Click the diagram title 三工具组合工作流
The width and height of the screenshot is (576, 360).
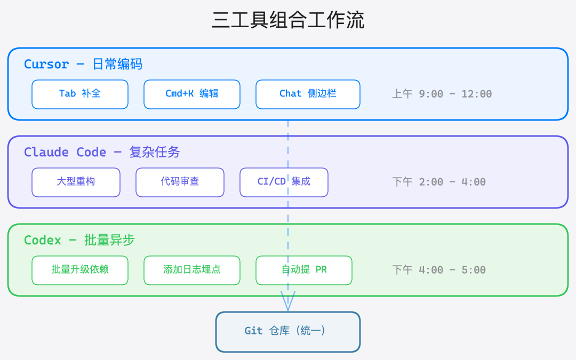click(288, 21)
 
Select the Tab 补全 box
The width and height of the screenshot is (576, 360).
click(80, 94)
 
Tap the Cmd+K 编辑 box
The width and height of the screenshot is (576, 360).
click(192, 94)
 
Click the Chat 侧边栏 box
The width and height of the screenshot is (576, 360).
click(308, 94)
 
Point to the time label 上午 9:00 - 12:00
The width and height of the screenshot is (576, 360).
click(442, 94)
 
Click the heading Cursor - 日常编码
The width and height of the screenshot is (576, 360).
click(83, 65)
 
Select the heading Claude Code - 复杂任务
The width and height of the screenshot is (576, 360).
click(102, 153)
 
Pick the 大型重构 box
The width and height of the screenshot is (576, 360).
click(76, 182)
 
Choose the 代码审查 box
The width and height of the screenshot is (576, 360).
click(180, 182)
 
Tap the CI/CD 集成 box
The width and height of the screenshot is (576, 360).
click(284, 182)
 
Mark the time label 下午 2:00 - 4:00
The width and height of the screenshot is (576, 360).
click(439, 182)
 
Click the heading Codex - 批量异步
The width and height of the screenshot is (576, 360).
click(79, 241)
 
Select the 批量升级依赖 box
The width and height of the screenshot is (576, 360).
click(80, 270)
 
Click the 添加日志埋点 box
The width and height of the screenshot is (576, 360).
click(192, 270)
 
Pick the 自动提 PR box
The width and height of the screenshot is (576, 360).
click(304, 270)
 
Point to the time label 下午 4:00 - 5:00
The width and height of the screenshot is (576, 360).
click(439, 270)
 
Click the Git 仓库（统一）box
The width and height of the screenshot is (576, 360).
click(288, 331)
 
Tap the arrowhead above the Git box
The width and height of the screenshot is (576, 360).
click(288, 302)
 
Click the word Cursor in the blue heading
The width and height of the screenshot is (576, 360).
click(46, 65)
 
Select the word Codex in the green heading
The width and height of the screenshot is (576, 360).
click(43, 241)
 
